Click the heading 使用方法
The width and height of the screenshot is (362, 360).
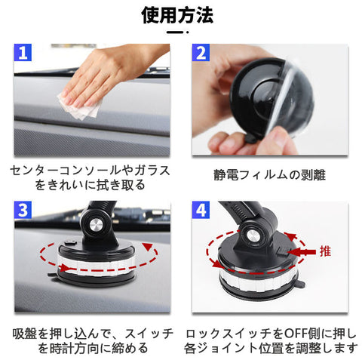click(177, 16)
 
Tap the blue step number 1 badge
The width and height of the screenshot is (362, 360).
click(23, 53)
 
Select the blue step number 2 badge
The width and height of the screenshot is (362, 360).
click(201, 53)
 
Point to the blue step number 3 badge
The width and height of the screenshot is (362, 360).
click(23, 210)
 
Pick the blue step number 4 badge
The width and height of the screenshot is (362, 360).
click(201, 210)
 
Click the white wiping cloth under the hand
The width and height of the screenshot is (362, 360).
click(81, 107)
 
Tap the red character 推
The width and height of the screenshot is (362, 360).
click(325, 251)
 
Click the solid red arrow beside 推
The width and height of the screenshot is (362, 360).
click(302, 252)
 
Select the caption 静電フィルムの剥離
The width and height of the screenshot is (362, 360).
click(270, 175)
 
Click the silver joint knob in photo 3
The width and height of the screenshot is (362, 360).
click(97, 223)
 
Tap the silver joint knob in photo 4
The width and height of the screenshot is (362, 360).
click(252, 235)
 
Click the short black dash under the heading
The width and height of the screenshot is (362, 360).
click(175, 32)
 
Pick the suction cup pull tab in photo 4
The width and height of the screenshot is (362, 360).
click(301, 285)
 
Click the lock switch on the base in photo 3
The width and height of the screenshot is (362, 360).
click(70, 243)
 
